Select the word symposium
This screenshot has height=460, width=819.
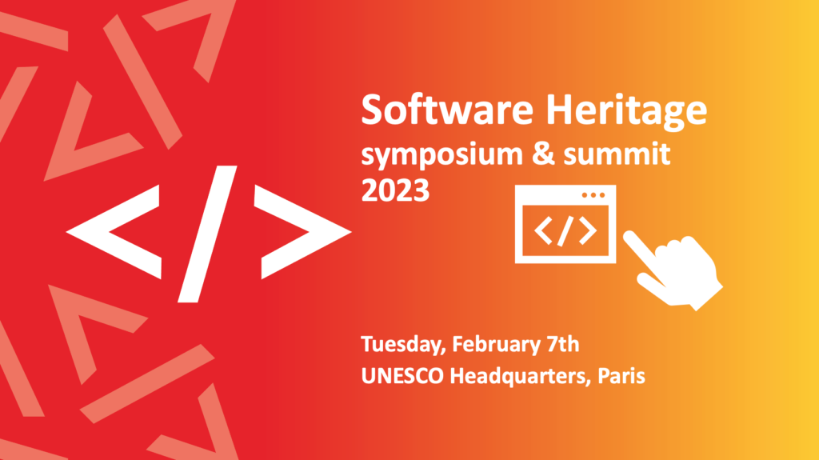click(x=441, y=156)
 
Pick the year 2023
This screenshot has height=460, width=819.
click(x=395, y=190)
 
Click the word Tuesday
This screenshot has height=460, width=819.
click(x=403, y=346)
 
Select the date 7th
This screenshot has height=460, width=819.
click(x=563, y=344)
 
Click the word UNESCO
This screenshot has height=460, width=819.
click(x=402, y=376)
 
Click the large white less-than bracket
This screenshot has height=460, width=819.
click(x=114, y=231)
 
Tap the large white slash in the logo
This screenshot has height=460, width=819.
click(x=207, y=234)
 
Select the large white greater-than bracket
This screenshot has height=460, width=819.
click(x=303, y=231)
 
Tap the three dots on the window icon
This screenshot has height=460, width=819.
click(x=593, y=195)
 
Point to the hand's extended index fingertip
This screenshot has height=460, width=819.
click(x=629, y=236)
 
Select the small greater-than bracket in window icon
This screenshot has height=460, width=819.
click(x=588, y=230)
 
